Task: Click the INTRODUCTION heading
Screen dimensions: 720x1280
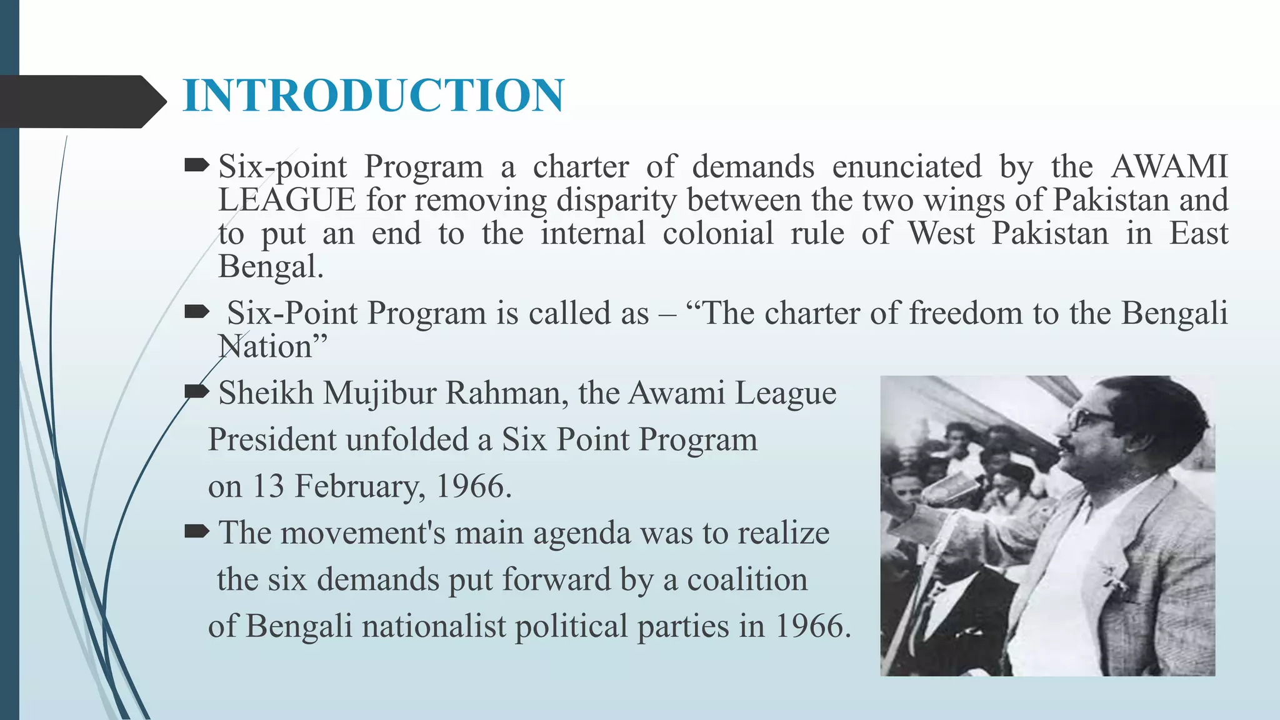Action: pyautogui.click(x=374, y=96)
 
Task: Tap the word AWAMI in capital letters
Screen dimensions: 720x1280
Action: pyautogui.click(x=1169, y=167)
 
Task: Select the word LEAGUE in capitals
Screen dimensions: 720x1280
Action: pyautogui.click(x=287, y=201)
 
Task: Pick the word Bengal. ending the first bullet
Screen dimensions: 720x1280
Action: pyautogui.click(x=271, y=267)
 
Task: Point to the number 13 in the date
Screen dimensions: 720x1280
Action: pyautogui.click(x=268, y=486)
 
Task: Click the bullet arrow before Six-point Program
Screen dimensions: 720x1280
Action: pyautogui.click(x=197, y=166)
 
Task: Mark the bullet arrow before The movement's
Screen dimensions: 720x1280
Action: pyautogui.click(x=197, y=532)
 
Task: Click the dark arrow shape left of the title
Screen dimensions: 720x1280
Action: pyautogui.click(x=81, y=101)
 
